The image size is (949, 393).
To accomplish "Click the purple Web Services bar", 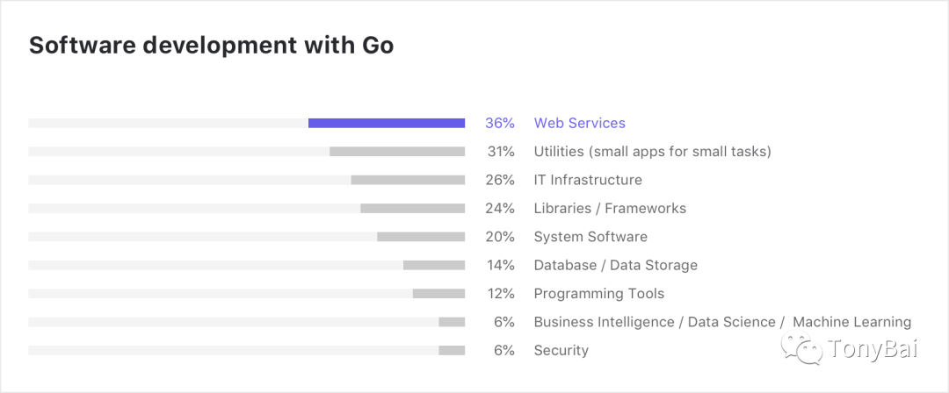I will [387, 124].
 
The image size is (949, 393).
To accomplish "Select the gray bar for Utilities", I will [397, 152].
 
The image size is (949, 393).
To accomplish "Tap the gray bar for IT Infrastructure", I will [408, 180].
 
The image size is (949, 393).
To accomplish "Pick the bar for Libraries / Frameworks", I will [412, 209].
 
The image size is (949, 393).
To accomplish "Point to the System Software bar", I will [421, 237].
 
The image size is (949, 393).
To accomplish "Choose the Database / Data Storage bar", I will [434, 265].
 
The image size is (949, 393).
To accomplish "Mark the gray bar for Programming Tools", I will [438, 294].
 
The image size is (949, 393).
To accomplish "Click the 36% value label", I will [500, 124].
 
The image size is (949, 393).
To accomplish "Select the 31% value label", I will [501, 152].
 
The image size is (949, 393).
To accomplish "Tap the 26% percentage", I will [501, 180].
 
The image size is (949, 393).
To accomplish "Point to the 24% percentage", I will [501, 209].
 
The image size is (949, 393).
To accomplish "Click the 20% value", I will [501, 237].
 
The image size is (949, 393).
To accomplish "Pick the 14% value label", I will [501, 265].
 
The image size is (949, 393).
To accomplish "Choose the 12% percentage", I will [501, 294].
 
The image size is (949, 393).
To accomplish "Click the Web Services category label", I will [580, 124].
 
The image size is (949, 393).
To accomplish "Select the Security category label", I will [561, 351].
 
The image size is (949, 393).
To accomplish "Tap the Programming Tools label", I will [599, 294].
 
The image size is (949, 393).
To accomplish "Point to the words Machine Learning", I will [851, 322].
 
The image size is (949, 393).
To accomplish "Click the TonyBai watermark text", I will [873, 350].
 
